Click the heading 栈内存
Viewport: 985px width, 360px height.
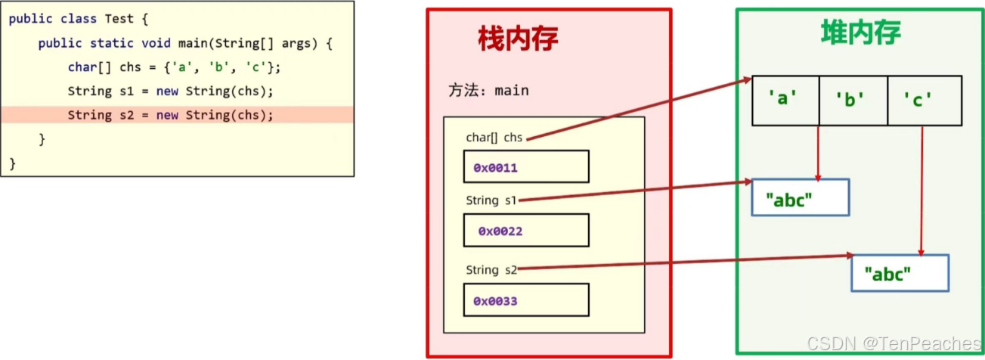pyautogui.click(x=518, y=39)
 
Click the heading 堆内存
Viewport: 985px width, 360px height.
pyautogui.click(x=860, y=33)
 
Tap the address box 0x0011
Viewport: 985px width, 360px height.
pyautogui.click(x=525, y=167)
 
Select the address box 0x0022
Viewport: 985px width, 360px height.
pyautogui.click(x=525, y=231)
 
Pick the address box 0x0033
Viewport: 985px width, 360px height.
pyautogui.click(x=525, y=300)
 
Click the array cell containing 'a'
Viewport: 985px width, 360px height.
pyautogui.click(x=785, y=99)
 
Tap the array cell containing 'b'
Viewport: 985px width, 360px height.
pyautogui.click(x=853, y=99)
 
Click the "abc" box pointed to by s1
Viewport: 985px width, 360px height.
pyautogui.click(x=800, y=198)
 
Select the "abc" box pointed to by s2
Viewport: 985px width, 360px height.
pyautogui.click(x=900, y=273)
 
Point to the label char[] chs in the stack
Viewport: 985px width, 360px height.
pyautogui.click(x=494, y=138)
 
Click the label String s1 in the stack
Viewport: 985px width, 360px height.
pyautogui.click(x=492, y=201)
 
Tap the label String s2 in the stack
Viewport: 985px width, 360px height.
pyautogui.click(x=492, y=270)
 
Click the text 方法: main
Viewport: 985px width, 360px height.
pyautogui.click(x=488, y=91)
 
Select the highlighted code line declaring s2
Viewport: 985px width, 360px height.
pyautogui.click(x=170, y=115)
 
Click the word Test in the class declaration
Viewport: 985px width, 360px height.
pyautogui.click(x=119, y=19)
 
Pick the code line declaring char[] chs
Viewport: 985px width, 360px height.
pyautogui.click(x=174, y=67)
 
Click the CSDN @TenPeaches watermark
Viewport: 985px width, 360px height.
pyautogui.click(x=894, y=345)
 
